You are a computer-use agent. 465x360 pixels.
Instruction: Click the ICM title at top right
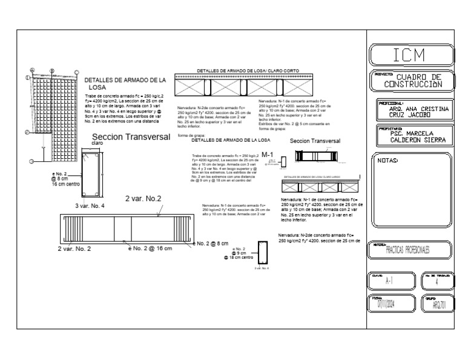coord(412,55)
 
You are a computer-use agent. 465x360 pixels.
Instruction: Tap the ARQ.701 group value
coord(439,306)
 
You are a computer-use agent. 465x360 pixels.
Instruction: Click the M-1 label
coord(268,155)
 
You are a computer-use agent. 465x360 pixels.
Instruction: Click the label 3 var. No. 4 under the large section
coord(90,206)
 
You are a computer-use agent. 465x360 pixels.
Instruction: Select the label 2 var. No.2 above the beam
coord(143,199)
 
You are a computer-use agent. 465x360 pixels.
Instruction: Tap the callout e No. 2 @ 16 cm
coord(150,248)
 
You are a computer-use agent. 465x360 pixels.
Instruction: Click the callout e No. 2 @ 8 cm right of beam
coord(210,244)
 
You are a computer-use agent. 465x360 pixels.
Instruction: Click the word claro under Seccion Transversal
coord(97,143)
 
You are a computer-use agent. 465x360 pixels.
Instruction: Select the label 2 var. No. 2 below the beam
coord(74,248)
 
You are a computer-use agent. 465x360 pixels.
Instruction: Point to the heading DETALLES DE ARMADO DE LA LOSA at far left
coord(125,83)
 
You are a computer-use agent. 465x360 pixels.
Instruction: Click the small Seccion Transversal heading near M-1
coord(315,141)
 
